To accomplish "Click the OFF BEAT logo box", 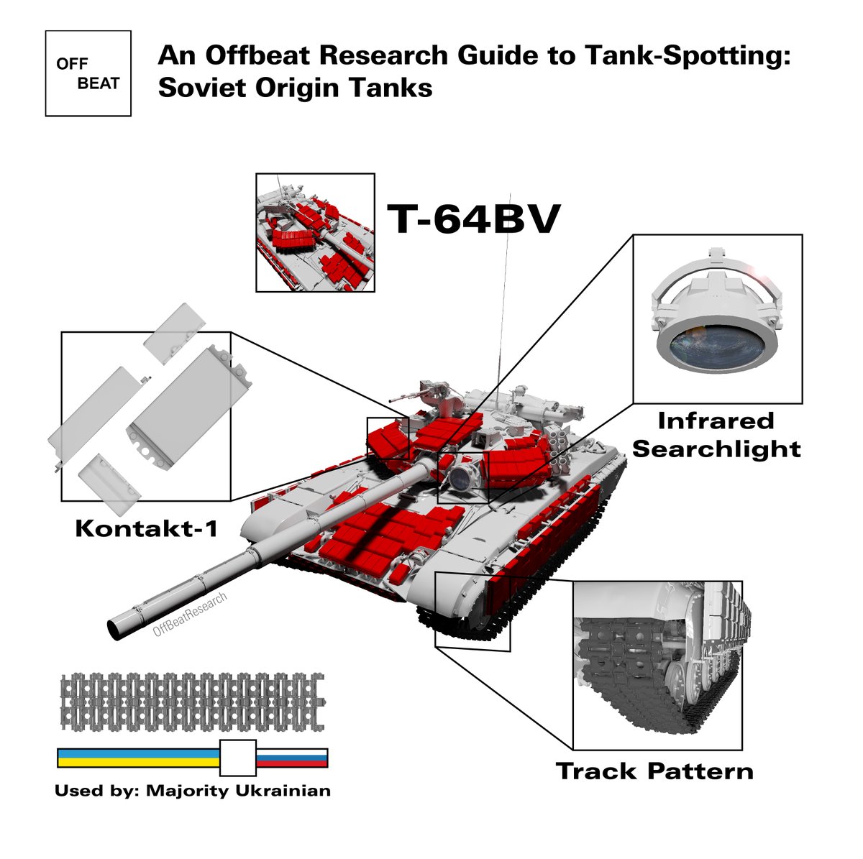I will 88,73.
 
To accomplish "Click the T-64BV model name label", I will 473,219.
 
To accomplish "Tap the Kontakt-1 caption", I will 146,529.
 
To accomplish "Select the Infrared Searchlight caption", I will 716,435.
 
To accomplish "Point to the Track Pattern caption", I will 654,771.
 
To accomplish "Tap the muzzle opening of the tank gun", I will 115,628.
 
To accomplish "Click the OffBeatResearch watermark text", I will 190,614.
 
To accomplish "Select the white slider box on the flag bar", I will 237,758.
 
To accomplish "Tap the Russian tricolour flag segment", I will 292,758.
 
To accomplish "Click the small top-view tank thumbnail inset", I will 315,232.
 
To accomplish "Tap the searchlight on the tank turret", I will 460,474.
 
